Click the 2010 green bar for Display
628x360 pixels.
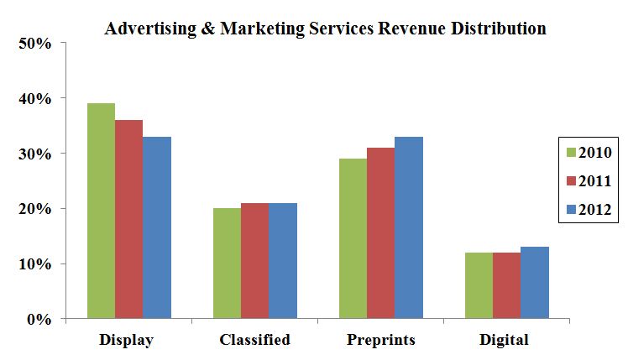pos(101,211)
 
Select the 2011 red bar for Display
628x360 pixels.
pos(128,219)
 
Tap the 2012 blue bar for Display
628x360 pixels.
pos(157,227)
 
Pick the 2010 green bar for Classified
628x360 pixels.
pos(227,263)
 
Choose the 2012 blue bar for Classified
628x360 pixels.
pos(283,260)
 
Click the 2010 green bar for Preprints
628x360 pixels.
pos(353,238)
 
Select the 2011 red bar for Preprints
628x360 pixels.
pos(380,233)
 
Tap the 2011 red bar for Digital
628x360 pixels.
pos(506,285)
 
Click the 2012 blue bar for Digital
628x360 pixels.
pos(535,283)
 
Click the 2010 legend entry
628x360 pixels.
pos(589,152)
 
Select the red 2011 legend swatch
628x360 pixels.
pos(572,180)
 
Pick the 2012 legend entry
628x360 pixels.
pos(589,208)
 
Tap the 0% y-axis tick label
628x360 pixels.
pos(39,319)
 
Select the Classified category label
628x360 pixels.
pos(254,340)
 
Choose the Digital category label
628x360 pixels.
pos(505,340)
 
